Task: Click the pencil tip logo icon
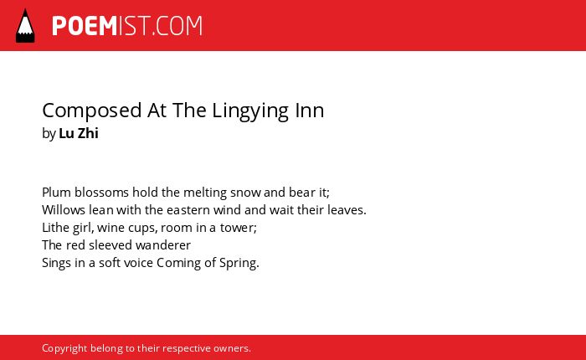(x=25, y=25)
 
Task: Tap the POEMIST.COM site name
(x=127, y=26)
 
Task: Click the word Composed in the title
(x=92, y=111)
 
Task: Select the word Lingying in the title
(x=250, y=111)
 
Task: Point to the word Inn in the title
(x=310, y=111)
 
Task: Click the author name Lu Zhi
(x=79, y=133)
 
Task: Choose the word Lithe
(x=56, y=227)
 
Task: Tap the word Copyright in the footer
(x=64, y=348)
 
